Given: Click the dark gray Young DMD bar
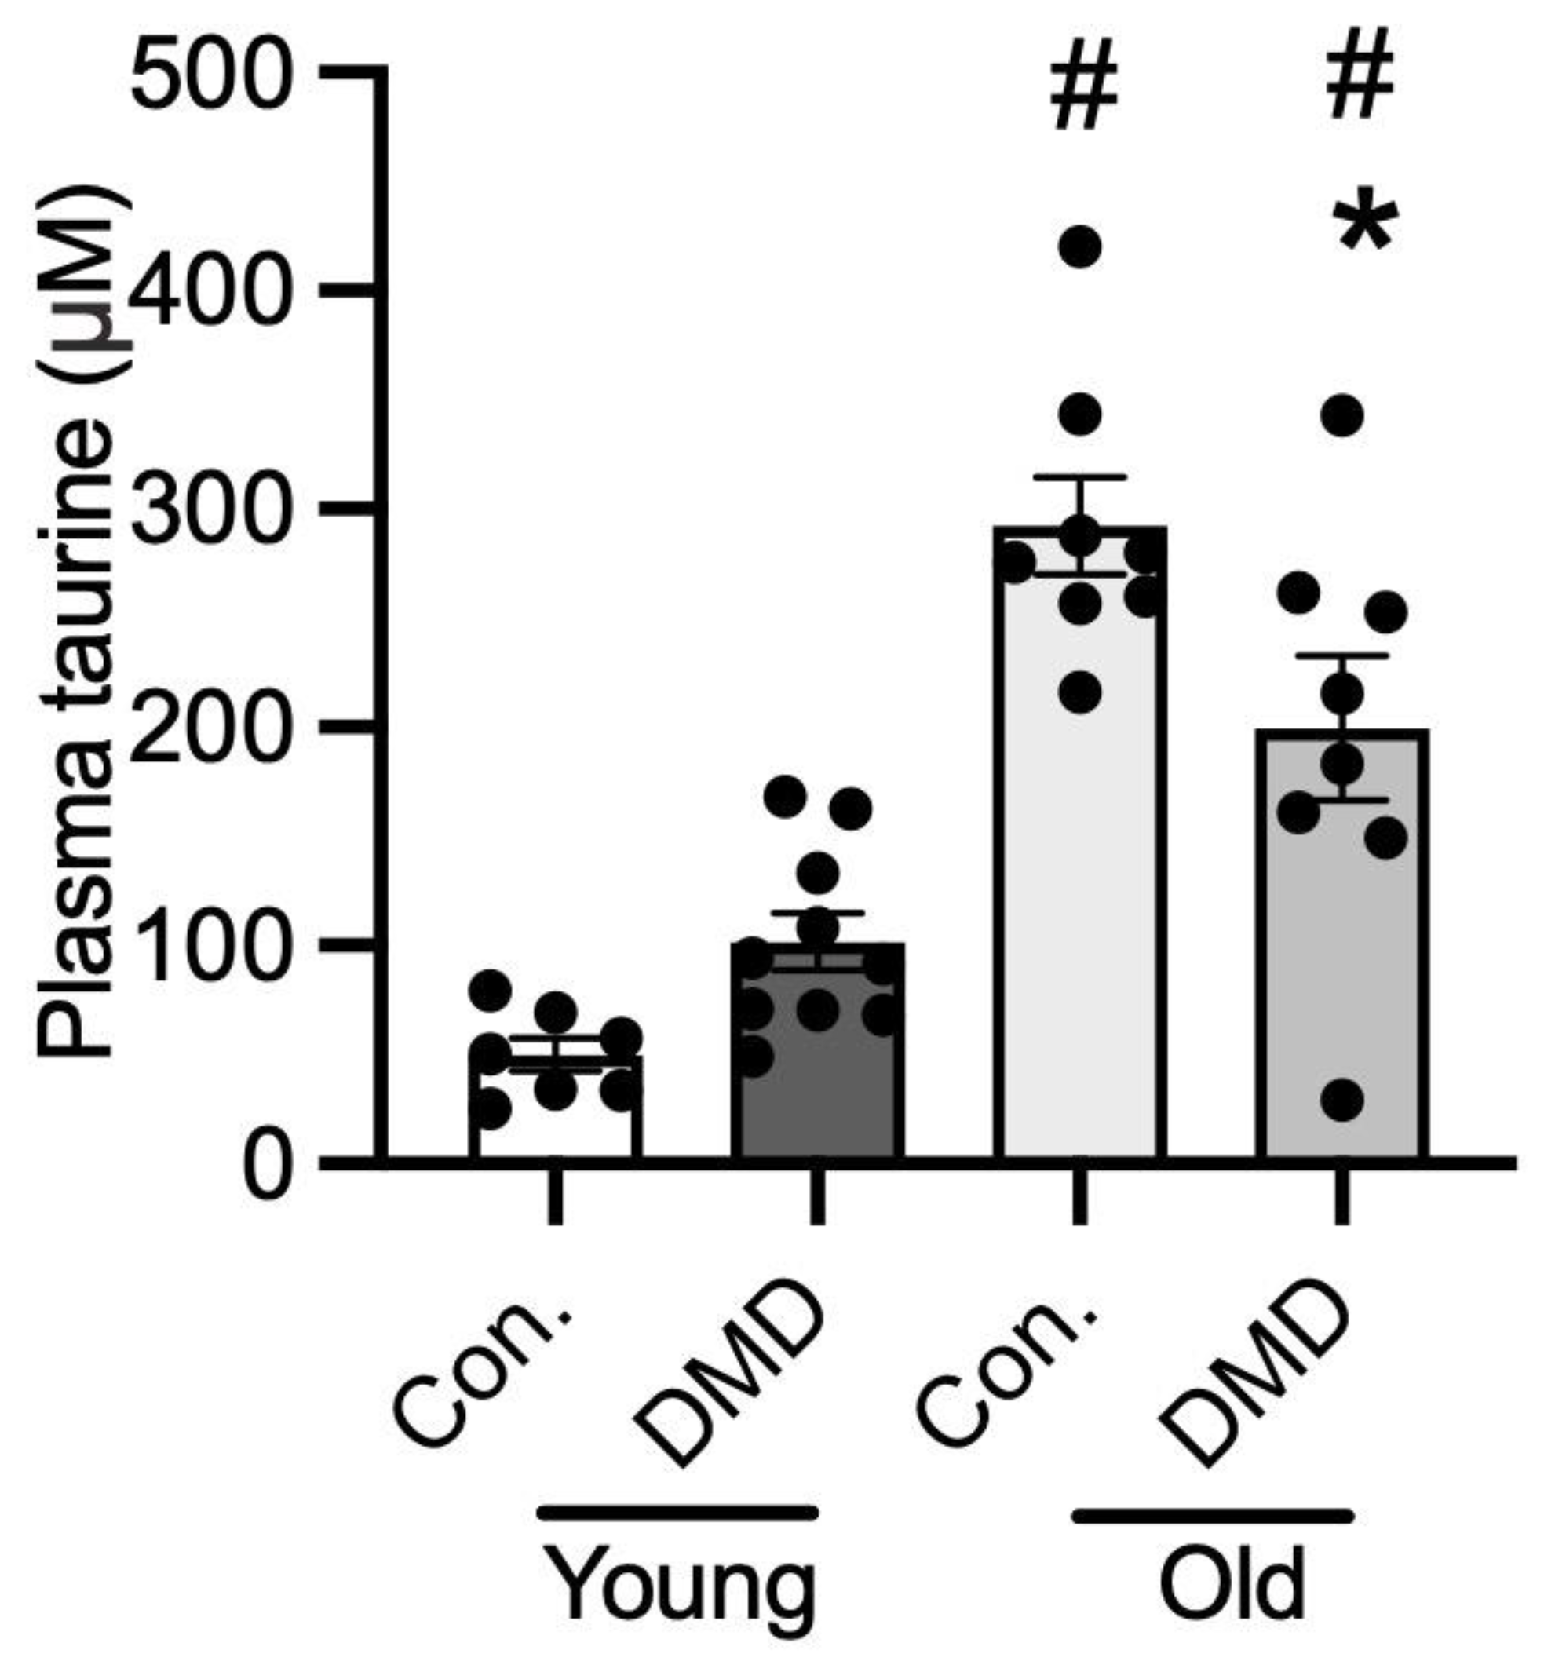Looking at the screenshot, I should click(818, 1086).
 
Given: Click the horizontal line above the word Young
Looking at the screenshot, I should click(677, 1513).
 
